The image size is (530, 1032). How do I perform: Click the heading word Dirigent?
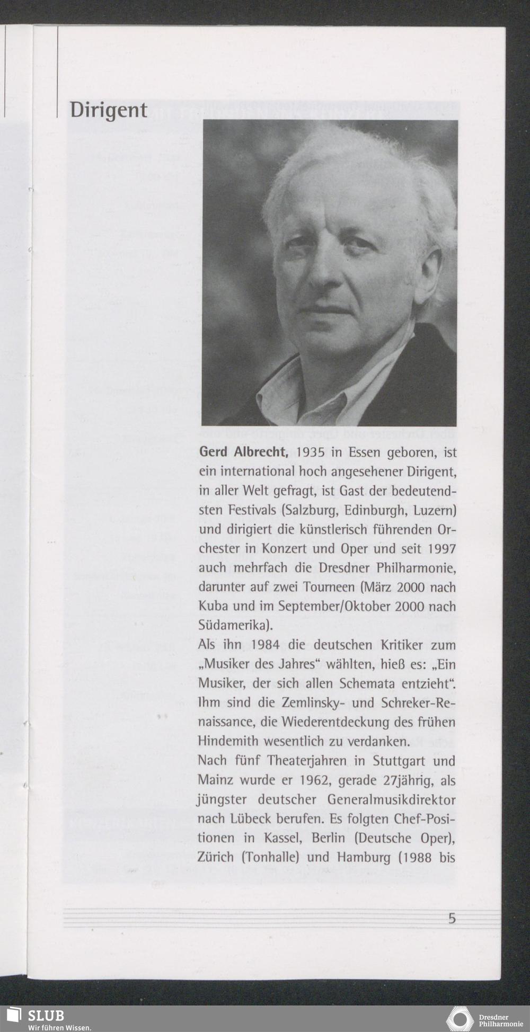pyautogui.click(x=109, y=110)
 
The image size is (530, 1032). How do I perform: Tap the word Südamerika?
pyautogui.click(x=232, y=626)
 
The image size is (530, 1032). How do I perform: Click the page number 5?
pyautogui.click(x=452, y=919)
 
